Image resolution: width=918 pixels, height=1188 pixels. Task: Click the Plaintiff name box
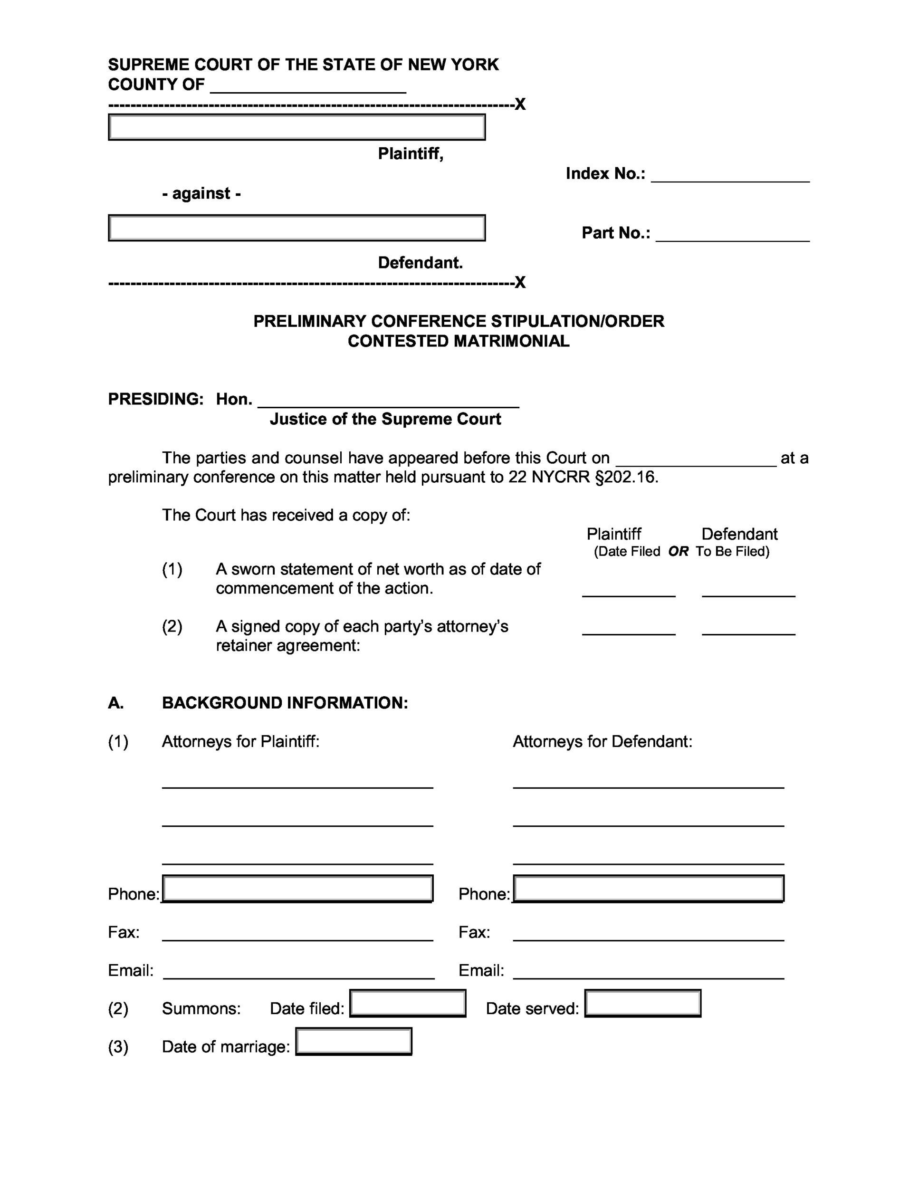(x=296, y=127)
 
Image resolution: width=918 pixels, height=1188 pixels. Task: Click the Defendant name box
(x=296, y=228)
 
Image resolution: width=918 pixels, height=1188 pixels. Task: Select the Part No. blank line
(x=733, y=236)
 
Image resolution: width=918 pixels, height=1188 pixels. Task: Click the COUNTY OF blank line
(x=308, y=87)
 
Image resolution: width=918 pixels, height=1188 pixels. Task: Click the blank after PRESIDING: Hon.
(x=388, y=402)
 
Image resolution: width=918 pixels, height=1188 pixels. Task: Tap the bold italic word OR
(x=678, y=552)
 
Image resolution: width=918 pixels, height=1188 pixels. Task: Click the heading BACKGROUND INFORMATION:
(x=285, y=703)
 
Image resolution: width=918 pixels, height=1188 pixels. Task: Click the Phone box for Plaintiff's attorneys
(x=297, y=889)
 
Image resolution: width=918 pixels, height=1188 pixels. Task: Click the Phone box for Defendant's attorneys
(x=648, y=889)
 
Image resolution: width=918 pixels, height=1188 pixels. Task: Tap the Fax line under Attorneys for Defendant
(x=648, y=936)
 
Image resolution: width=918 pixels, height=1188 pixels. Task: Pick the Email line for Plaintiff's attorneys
(x=298, y=974)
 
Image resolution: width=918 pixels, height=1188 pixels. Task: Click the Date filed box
(x=407, y=1004)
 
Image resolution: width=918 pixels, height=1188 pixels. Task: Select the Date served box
(x=642, y=1004)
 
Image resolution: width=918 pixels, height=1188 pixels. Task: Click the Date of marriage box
(x=354, y=1042)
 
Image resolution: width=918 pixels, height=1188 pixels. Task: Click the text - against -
(x=201, y=194)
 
